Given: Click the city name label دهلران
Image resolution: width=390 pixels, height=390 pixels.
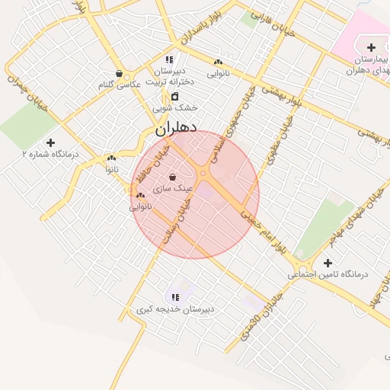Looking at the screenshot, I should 176,129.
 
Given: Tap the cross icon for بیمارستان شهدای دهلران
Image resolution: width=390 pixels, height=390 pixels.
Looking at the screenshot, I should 371,48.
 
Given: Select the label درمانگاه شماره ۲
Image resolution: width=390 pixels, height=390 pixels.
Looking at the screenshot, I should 50,154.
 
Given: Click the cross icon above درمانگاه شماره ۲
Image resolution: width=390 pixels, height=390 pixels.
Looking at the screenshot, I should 50,142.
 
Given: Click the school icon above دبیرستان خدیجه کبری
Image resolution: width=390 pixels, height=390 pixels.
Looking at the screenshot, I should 175,297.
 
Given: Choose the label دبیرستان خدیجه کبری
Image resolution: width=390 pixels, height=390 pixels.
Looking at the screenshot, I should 175,309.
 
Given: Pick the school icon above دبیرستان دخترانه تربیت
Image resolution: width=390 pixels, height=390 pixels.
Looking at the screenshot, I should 169,59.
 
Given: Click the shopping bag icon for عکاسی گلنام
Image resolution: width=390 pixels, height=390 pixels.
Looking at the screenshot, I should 120,74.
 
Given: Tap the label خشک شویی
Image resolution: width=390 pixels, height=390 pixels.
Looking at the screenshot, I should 174,108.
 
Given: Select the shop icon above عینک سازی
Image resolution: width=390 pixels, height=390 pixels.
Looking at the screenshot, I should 173,177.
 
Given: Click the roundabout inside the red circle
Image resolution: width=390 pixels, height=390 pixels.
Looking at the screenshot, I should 203,174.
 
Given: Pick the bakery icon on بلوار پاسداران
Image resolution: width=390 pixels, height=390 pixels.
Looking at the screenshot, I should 219,62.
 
